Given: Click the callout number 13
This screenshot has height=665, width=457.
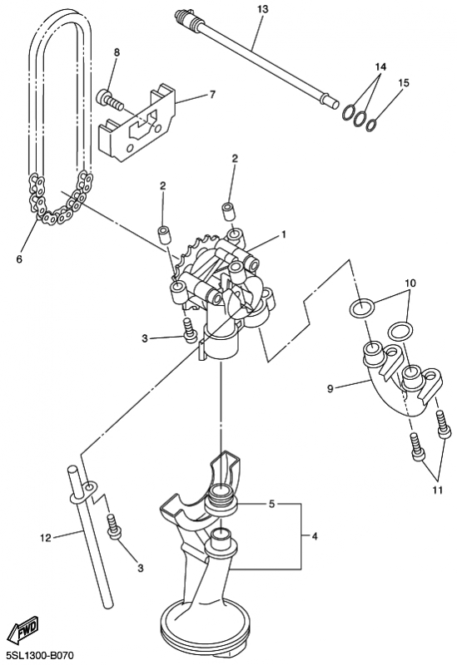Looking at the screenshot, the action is (263, 9).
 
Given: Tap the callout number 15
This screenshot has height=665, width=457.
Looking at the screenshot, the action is (404, 82).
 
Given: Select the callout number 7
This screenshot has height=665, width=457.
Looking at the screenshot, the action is (211, 95).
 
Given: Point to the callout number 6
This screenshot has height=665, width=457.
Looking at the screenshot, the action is (19, 259).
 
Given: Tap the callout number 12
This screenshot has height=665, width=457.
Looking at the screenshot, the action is (46, 538).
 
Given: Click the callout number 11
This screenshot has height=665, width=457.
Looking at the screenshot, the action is (438, 490).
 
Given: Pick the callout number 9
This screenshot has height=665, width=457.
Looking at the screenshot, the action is (330, 388).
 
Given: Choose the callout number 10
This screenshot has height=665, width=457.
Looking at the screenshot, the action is (410, 283).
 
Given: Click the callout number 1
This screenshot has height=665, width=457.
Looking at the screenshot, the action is (283, 234).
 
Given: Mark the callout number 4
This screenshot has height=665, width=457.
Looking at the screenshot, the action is (315, 536).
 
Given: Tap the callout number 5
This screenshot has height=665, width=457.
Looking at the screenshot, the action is (272, 504).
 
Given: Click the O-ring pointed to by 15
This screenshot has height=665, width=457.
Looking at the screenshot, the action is (371, 126).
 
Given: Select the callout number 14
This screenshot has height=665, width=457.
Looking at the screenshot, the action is (380, 66).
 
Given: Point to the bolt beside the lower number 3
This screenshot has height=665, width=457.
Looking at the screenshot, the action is (114, 527).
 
